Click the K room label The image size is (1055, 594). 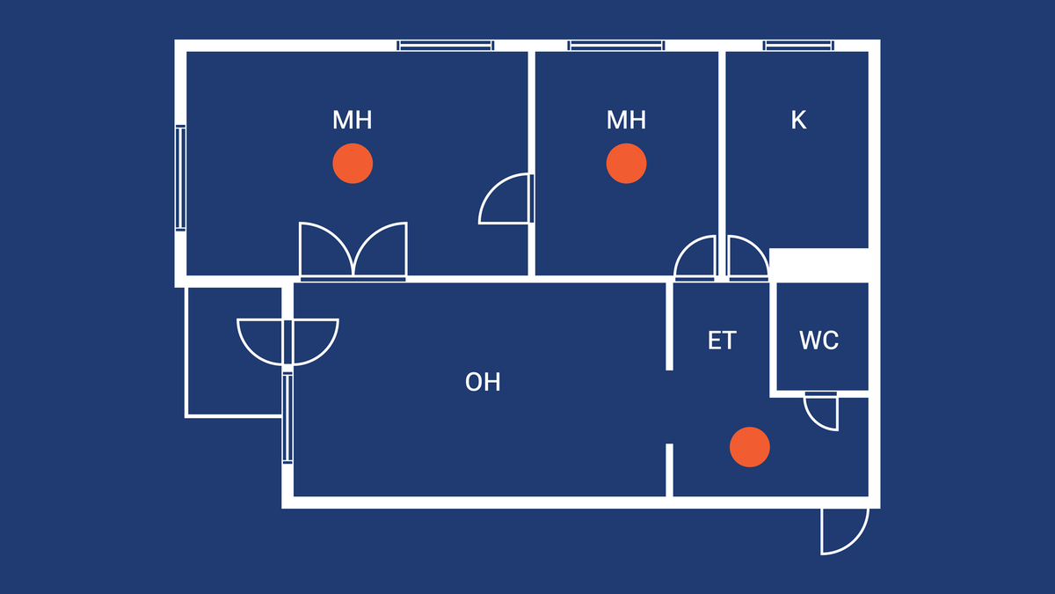798,121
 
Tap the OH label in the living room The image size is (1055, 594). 483,382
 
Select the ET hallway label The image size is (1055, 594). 722,341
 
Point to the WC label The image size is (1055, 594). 819,341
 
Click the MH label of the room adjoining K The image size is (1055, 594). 626,121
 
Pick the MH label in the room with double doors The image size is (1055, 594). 352,121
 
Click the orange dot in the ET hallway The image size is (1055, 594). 750,447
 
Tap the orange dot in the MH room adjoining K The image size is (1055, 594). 627,165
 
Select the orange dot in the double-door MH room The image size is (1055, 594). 353,164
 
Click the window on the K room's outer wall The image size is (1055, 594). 798,46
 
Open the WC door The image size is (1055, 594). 822,410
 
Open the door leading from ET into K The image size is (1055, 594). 747,259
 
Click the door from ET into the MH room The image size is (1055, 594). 695,259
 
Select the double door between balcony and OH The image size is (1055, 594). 287,341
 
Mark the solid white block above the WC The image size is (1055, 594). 819,265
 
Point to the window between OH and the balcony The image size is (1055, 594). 287,418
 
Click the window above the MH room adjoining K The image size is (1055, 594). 615,46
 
